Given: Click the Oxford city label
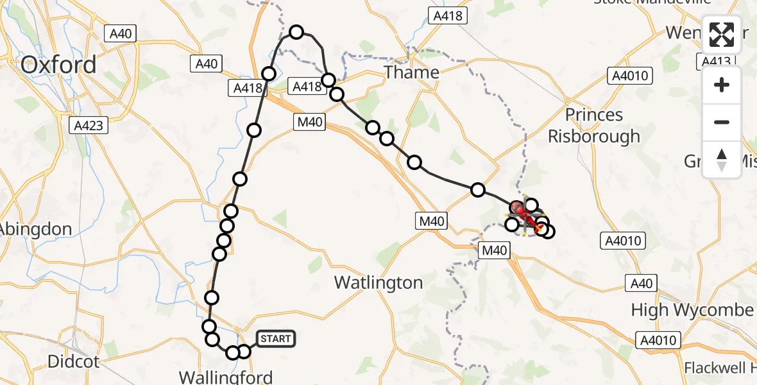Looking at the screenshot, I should click(58, 65).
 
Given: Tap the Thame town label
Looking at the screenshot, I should click(411, 72).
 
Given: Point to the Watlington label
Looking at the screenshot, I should click(378, 282).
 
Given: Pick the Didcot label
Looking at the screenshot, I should click(74, 362).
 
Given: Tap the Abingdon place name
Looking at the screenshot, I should click(35, 229).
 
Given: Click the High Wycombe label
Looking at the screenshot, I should click(692, 310).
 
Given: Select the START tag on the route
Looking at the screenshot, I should click(276, 338).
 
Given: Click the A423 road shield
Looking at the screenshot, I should click(89, 126).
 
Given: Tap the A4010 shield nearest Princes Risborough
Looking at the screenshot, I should click(631, 76).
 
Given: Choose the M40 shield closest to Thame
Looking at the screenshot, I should click(310, 122).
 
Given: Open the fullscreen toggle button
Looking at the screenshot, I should click(722, 35).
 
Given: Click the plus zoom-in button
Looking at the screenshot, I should click(722, 85).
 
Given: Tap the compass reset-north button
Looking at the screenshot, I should click(722, 159).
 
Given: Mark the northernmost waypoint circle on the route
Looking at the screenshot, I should click(296, 31).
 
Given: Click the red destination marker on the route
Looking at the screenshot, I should click(518, 207).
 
